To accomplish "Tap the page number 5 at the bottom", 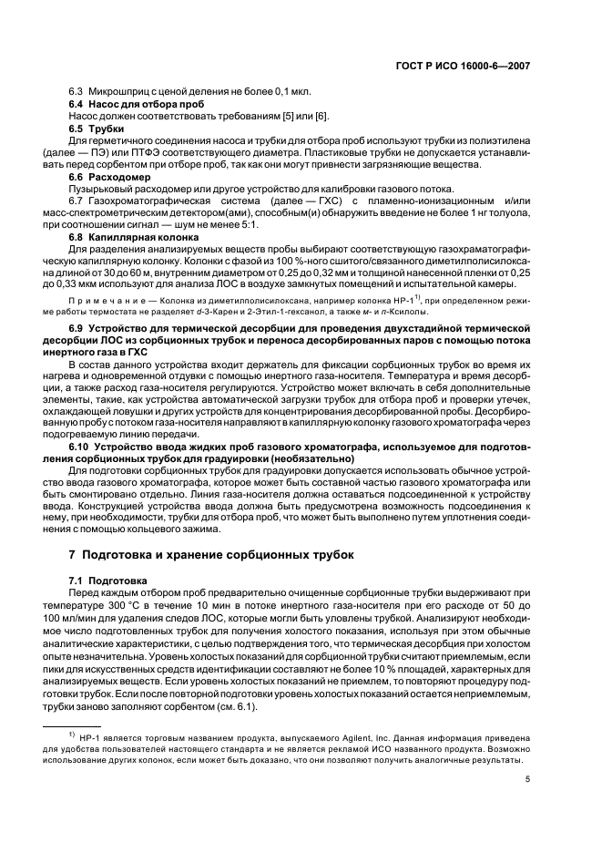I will (528, 778).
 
